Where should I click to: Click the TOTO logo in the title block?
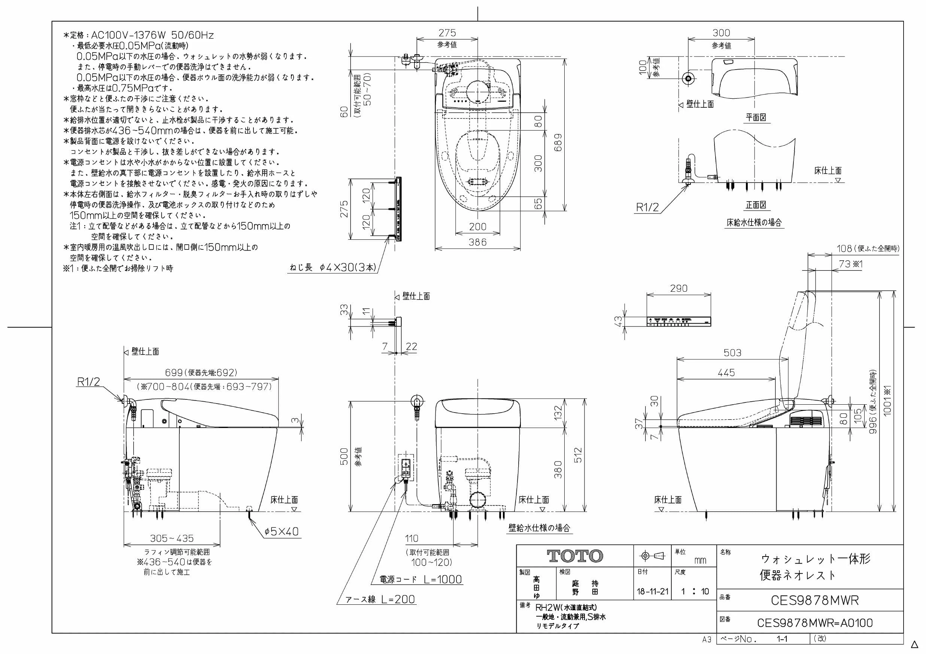coord(575,556)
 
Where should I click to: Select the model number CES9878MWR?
coord(814,601)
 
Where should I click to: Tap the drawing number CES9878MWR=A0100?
coord(814,623)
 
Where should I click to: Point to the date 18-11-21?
coord(653,592)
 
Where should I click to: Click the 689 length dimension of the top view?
coord(558,142)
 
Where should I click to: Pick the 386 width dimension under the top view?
coord(477,242)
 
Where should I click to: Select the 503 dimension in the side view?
coord(732,353)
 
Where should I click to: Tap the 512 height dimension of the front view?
coord(578,455)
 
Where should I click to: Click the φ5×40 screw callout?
coord(281,531)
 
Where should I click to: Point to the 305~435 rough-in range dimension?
coord(171,539)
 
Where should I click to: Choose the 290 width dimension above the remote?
coord(678,289)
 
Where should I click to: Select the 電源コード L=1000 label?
coord(421,579)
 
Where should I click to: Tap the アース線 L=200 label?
coord(380,599)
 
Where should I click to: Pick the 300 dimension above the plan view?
coord(722,33)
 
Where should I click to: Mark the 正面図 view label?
coord(756,205)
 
